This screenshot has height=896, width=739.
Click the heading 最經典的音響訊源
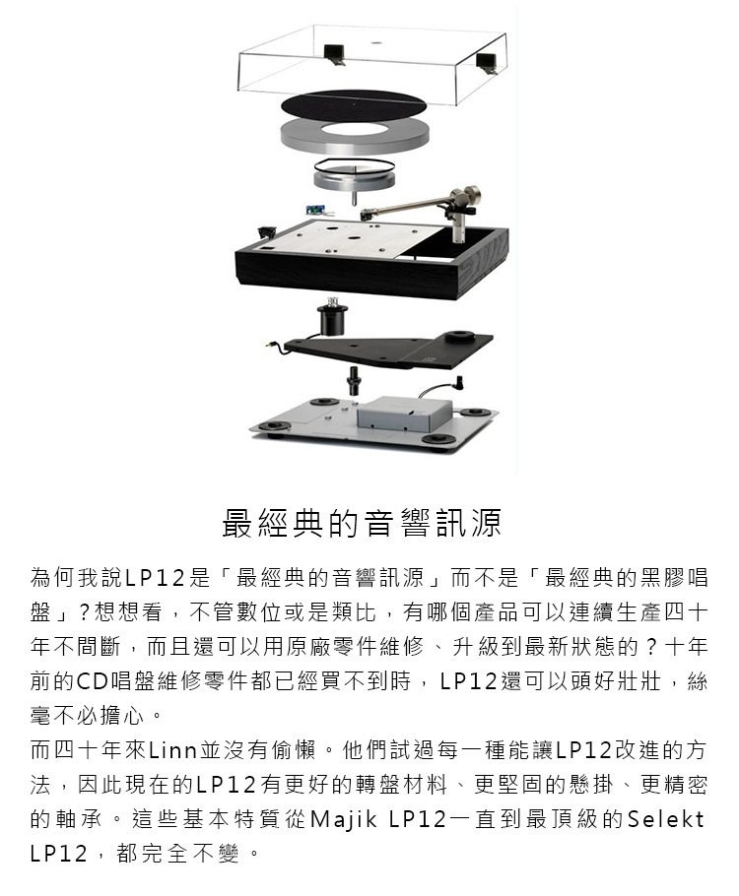tap(362, 522)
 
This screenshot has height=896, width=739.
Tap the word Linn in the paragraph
tap(172, 749)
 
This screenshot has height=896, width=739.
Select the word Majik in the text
tap(343, 819)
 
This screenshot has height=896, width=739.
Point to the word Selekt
tap(665, 819)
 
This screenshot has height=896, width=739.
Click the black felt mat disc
tap(354, 104)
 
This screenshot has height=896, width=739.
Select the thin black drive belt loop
tap(355, 165)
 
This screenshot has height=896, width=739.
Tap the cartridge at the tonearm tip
tap(368, 215)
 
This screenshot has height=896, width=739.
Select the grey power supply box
tap(402, 415)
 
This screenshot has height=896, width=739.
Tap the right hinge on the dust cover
tap(488, 62)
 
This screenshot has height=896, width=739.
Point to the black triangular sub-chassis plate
tap(389, 348)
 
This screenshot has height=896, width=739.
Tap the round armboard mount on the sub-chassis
tap(462, 336)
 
